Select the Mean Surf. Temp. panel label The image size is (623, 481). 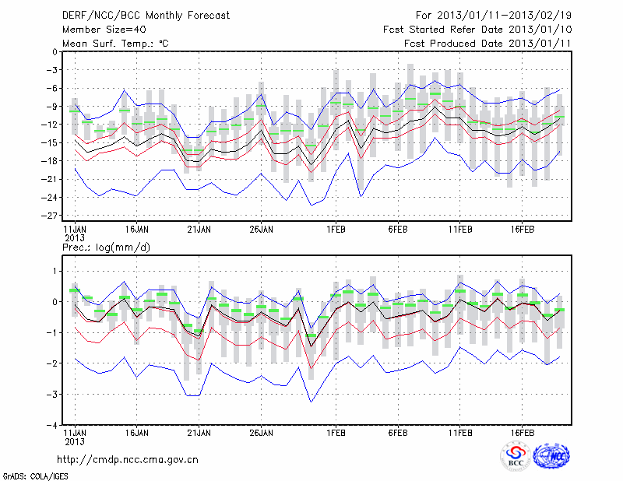click(115, 43)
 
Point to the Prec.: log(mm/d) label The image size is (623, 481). click(105, 247)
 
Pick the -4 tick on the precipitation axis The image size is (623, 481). click(51, 426)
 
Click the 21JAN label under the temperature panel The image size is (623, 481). click(199, 230)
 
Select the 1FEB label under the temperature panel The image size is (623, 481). click(336, 230)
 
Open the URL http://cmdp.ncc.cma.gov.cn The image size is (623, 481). click(128, 459)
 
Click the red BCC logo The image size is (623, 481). click(516, 457)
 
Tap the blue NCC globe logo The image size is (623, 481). click(550, 457)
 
